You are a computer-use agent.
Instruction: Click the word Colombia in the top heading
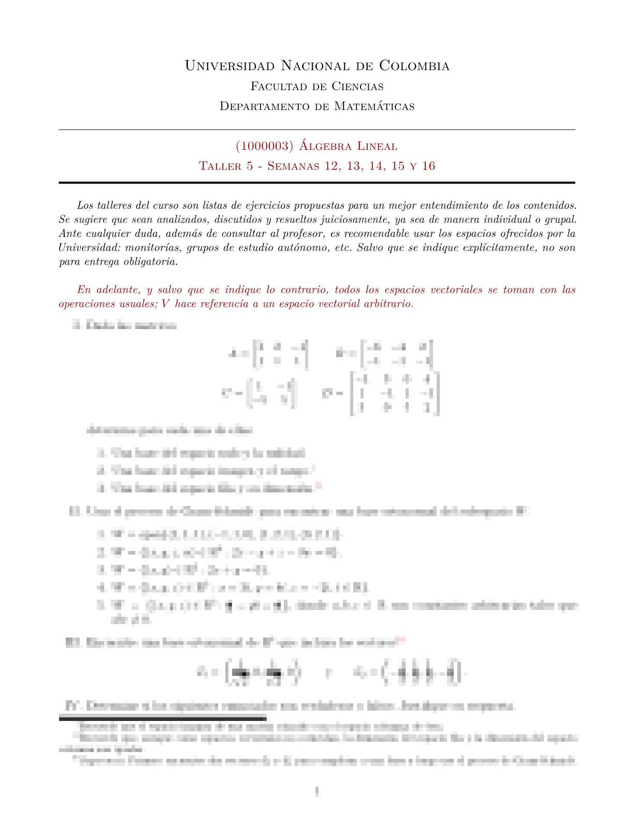point(414,66)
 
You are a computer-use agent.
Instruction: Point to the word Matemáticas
point(374,106)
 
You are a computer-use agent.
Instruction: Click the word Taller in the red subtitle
point(218,166)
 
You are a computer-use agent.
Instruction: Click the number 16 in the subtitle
point(428,166)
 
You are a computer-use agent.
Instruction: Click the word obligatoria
point(150,262)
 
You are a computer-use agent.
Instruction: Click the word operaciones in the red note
point(87,304)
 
